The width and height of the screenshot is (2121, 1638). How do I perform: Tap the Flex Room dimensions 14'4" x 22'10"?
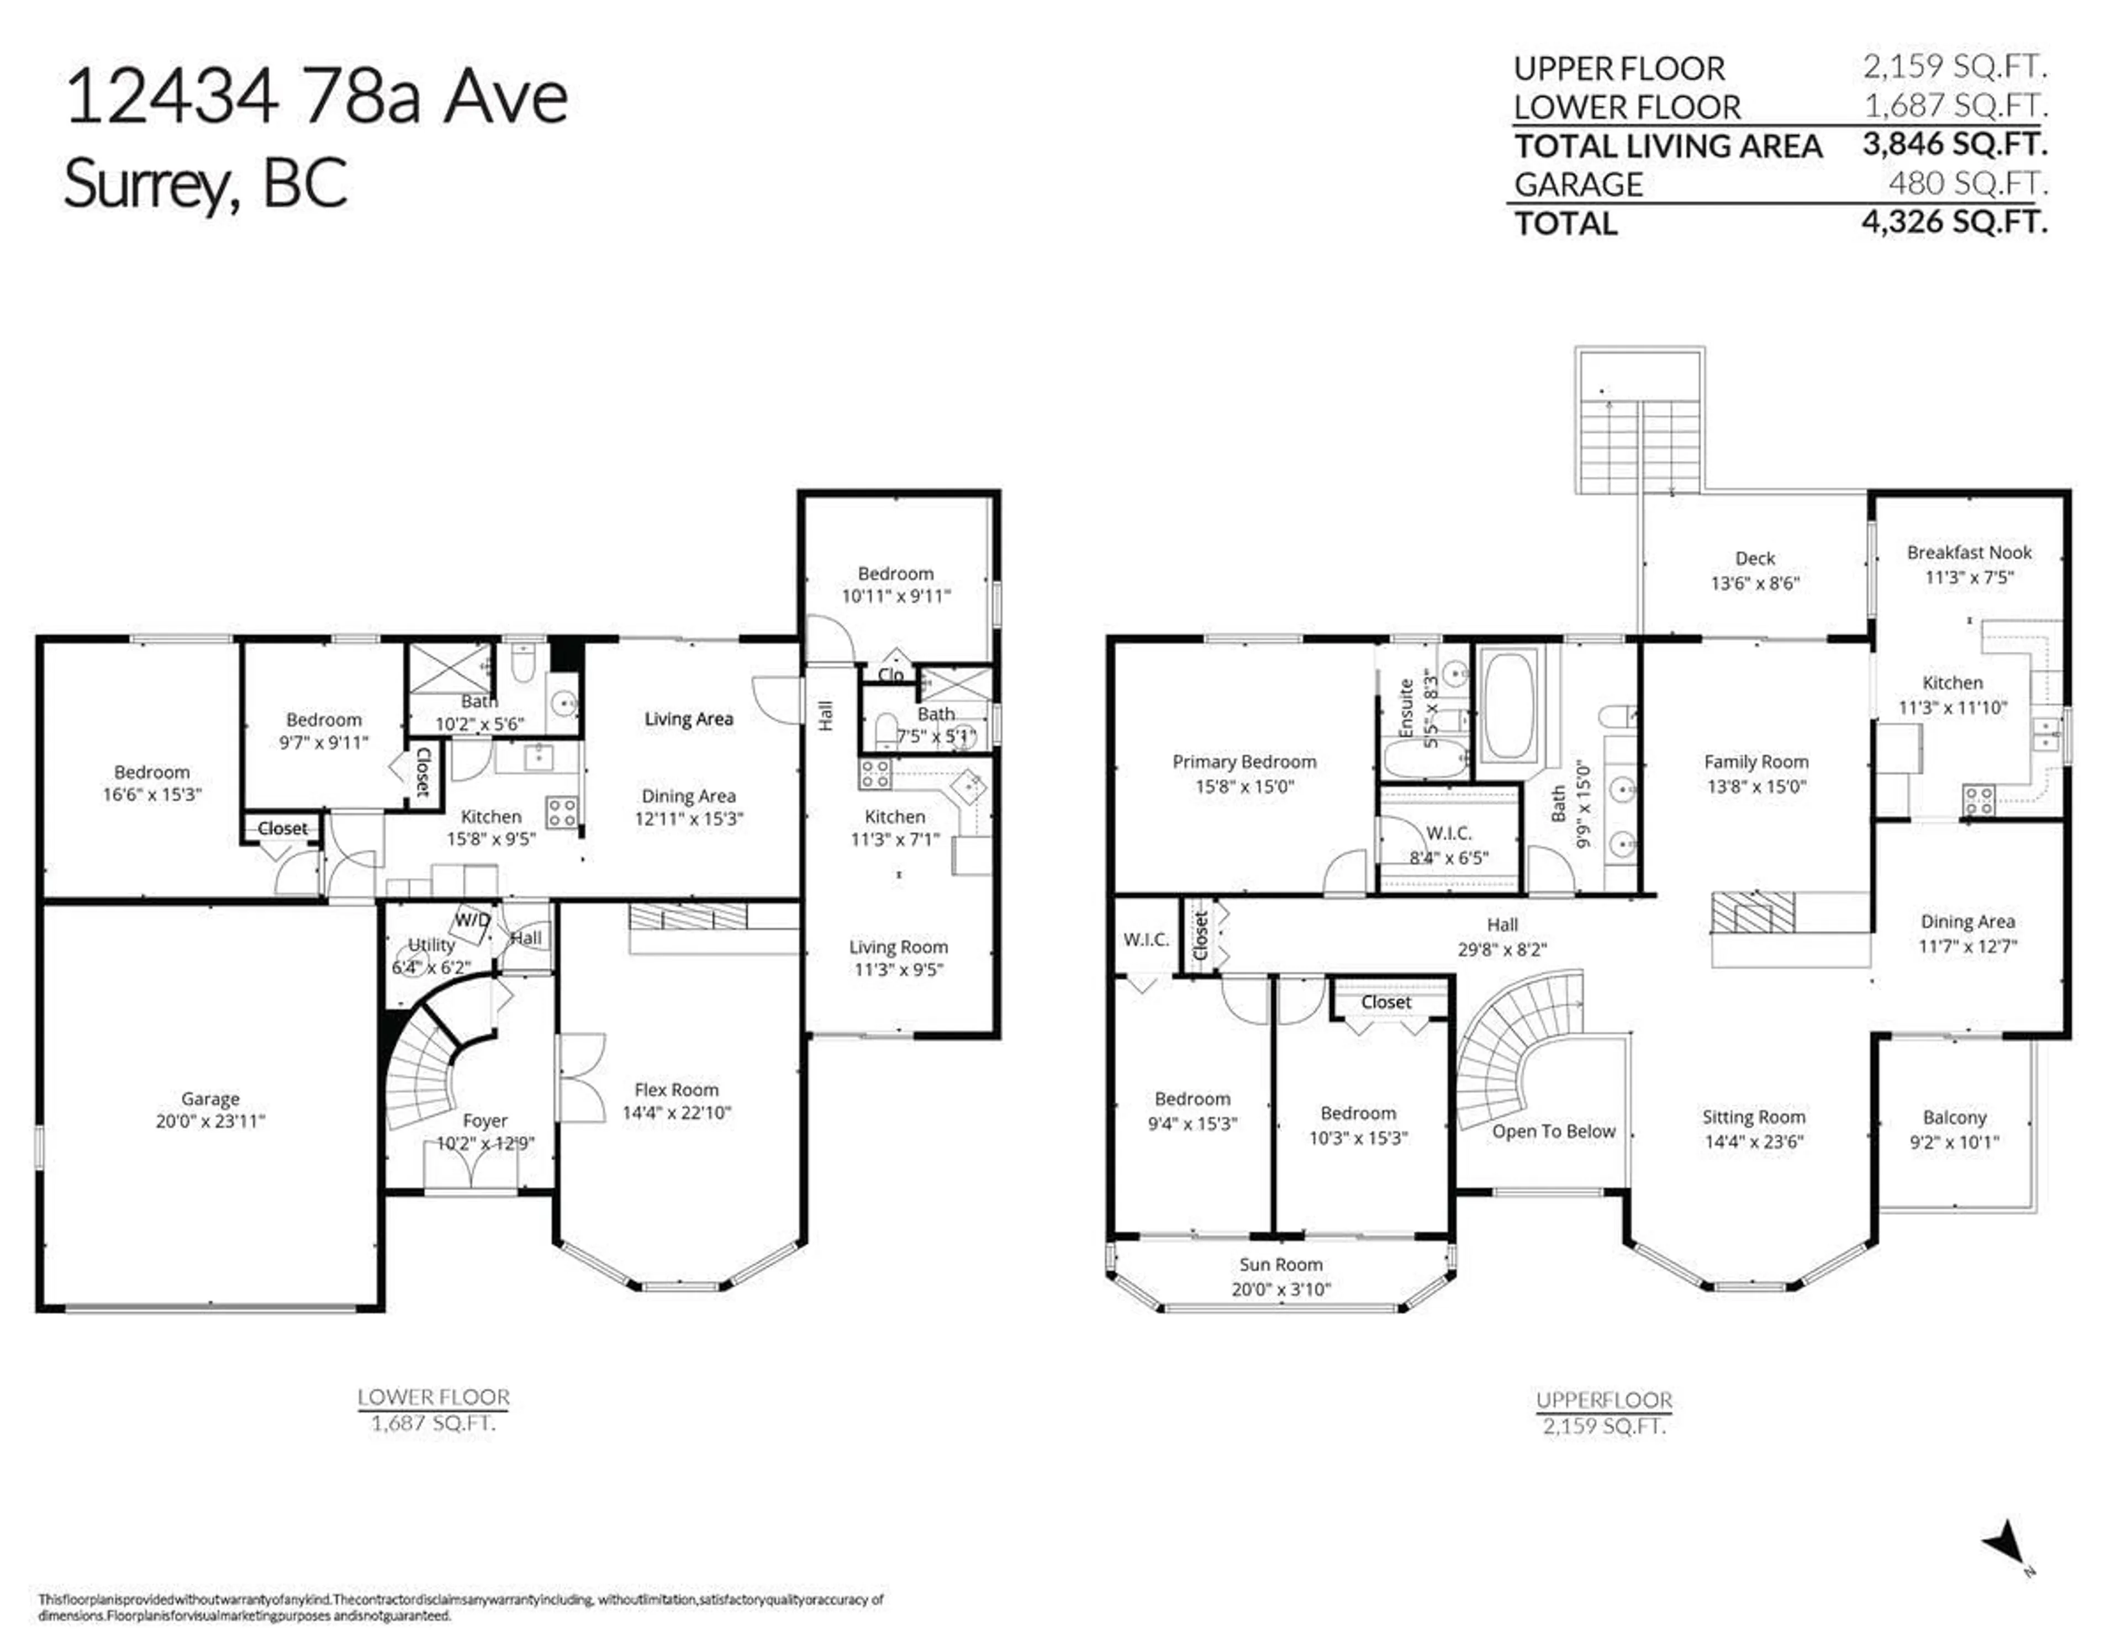point(676,1113)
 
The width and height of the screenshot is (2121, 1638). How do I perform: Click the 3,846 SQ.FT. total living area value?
point(1954,145)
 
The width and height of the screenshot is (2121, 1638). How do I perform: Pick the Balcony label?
point(1954,1118)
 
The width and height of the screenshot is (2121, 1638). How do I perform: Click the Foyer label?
point(484,1121)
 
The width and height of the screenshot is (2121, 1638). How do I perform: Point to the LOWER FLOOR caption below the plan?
point(433,1397)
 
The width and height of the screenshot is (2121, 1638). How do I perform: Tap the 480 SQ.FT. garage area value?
point(1967,183)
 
